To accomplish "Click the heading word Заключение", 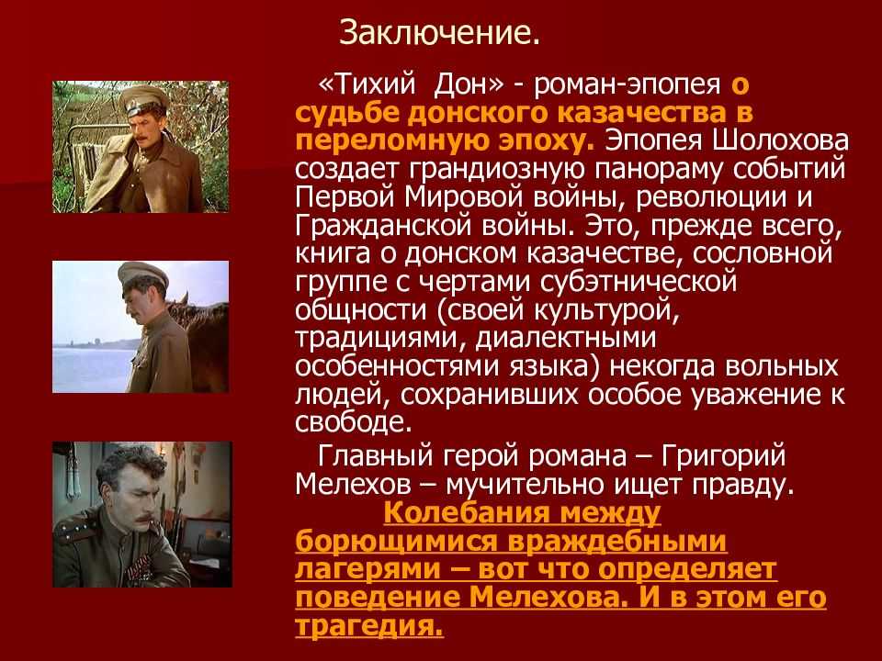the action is [x=439, y=33].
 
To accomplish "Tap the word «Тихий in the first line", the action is [x=367, y=84].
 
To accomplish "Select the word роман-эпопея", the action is [x=627, y=85].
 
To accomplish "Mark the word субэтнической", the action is [x=639, y=282].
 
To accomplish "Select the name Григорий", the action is [x=723, y=456].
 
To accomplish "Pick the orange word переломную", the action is [x=393, y=141].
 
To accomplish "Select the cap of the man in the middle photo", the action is [x=142, y=274].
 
